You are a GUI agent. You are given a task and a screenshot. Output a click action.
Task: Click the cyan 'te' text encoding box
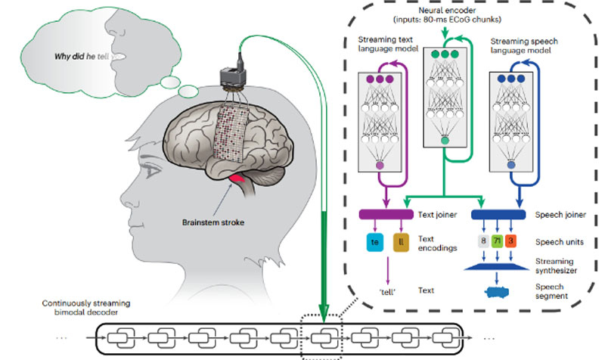(373, 243)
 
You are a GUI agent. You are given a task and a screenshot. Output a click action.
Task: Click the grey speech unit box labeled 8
(482, 243)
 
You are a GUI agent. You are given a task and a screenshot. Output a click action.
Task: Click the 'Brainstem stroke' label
(219, 224)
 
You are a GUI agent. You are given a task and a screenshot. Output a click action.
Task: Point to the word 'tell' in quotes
(387, 291)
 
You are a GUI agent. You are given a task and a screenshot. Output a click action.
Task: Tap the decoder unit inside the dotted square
(322, 334)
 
